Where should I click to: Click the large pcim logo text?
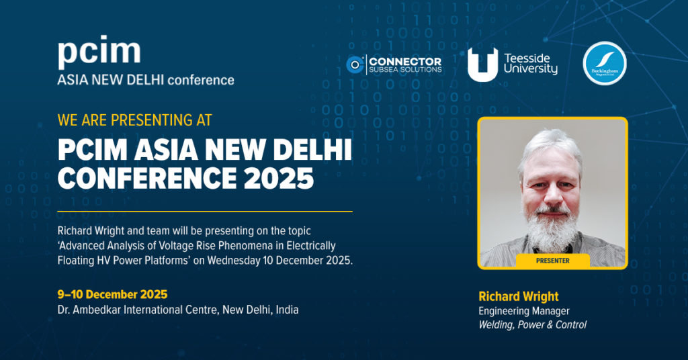[99, 52]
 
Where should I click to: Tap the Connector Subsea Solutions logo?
[394, 64]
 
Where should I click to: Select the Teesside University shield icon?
[482, 65]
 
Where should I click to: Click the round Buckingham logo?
[604, 64]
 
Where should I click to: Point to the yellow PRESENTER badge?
[552, 261]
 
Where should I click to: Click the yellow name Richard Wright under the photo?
[518, 296]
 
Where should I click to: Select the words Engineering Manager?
[523, 311]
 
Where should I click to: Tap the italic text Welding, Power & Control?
[532, 325]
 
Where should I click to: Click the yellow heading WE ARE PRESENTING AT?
[134, 120]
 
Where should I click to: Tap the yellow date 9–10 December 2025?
[112, 294]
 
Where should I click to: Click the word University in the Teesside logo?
[530, 69]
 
